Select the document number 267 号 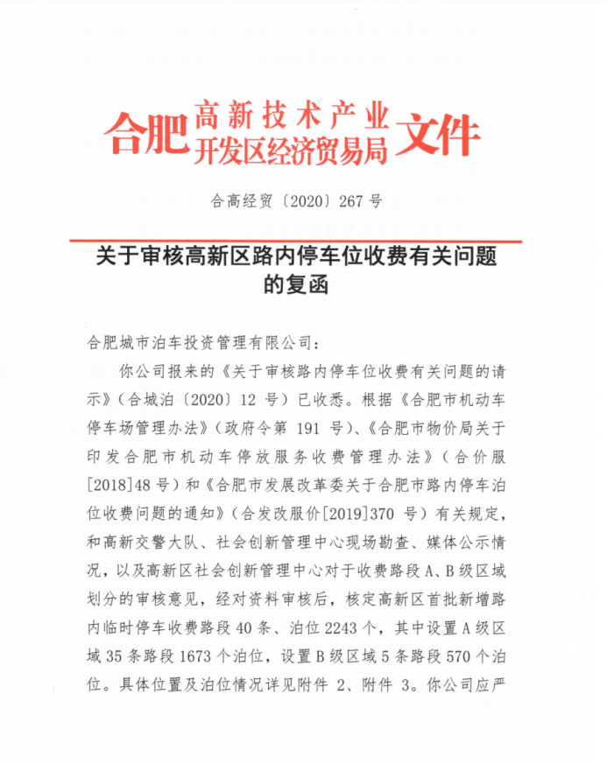[x=360, y=200]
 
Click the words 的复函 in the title [x=302, y=284]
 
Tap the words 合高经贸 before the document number [x=238, y=200]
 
